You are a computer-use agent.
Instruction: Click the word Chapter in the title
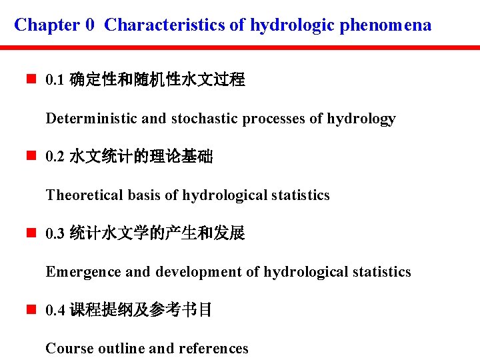(x=47, y=25)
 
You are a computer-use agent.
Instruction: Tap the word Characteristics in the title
(x=165, y=25)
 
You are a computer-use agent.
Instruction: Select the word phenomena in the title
(x=386, y=25)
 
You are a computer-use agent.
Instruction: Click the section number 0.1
(x=55, y=81)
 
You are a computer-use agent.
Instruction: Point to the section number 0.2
(x=55, y=157)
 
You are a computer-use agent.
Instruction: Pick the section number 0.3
(x=55, y=234)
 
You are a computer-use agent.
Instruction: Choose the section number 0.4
(x=55, y=311)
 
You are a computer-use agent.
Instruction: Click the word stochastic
(x=205, y=119)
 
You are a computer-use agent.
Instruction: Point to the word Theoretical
(x=84, y=195)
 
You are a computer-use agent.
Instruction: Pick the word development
(x=199, y=272)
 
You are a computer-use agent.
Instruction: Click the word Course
(x=69, y=349)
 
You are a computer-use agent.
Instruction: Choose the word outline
(x=121, y=349)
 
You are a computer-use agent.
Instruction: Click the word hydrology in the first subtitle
(x=361, y=119)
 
